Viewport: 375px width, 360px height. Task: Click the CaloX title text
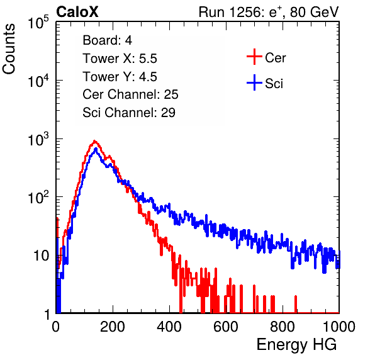(77, 12)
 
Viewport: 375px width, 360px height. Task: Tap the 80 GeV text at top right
(314, 12)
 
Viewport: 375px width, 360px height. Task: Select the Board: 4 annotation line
(107, 40)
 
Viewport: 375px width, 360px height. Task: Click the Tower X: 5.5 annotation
(120, 59)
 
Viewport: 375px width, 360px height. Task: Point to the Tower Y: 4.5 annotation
(120, 77)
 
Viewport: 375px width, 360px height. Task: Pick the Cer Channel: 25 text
(130, 94)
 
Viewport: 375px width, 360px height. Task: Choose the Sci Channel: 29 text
(129, 113)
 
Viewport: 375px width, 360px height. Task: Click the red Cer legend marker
(254, 57)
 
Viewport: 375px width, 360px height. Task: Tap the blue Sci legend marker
(254, 83)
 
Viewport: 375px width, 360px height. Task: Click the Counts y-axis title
(9, 49)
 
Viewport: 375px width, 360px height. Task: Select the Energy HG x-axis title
(296, 345)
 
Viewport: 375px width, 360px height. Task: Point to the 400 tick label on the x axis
(169, 327)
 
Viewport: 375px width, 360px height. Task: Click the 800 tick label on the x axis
(283, 327)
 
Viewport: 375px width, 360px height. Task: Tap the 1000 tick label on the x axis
(339, 327)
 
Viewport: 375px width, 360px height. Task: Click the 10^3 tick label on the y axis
(38, 139)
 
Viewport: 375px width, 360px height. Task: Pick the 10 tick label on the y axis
(41, 256)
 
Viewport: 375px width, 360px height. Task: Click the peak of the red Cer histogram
(94, 141)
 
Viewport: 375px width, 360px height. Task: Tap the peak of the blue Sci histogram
(96, 149)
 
